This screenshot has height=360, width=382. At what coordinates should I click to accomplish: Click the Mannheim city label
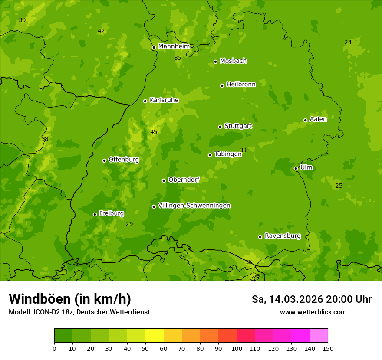tap(174, 46)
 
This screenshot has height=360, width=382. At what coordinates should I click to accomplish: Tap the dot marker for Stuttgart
tap(220, 127)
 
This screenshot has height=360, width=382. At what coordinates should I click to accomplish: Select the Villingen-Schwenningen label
tap(194, 206)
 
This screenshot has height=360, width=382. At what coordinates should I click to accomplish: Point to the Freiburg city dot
tap(95, 214)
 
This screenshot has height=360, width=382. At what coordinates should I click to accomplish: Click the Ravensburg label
tap(283, 236)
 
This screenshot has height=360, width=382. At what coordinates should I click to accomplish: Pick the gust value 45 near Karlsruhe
tap(154, 132)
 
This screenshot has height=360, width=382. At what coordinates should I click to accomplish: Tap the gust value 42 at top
tap(101, 31)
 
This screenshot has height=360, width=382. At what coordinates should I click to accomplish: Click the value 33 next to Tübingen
tap(243, 150)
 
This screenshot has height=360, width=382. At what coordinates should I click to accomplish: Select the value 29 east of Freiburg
tap(129, 224)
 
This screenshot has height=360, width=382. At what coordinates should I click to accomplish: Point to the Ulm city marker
tap(296, 168)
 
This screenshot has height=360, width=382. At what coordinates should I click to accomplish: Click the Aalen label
tap(318, 119)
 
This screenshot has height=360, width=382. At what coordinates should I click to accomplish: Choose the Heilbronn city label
tap(241, 85)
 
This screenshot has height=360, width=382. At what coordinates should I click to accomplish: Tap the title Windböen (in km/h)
tap(70, 299)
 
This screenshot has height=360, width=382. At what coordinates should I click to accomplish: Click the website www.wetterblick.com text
tap(313, 312)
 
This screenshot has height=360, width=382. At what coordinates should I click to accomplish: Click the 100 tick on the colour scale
tap(237, 348)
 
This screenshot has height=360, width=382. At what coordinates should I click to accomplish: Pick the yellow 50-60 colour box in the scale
tap(155, 336)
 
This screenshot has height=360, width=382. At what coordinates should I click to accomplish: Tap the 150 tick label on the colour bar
tap(328, 348)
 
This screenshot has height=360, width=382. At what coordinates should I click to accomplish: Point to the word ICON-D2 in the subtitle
tap(44, 312)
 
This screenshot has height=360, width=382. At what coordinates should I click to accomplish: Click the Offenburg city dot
tap(104, 160)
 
